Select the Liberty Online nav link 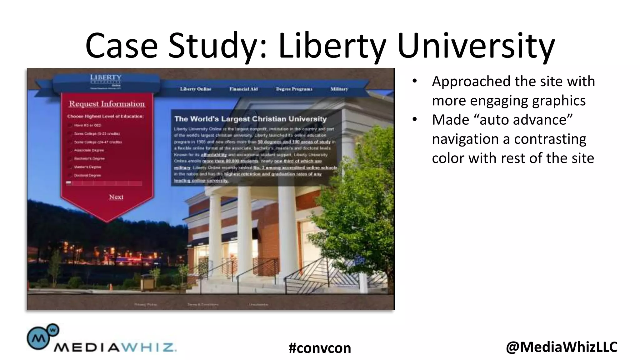195,89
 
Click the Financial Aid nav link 243,89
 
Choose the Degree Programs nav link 294,89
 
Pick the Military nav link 339,89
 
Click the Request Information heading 107,104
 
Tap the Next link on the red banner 116,197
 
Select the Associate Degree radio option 70,150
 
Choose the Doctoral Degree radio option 70,175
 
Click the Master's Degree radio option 70,167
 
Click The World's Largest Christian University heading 250,119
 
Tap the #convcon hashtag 320,348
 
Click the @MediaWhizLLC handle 562,347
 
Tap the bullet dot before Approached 414,81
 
